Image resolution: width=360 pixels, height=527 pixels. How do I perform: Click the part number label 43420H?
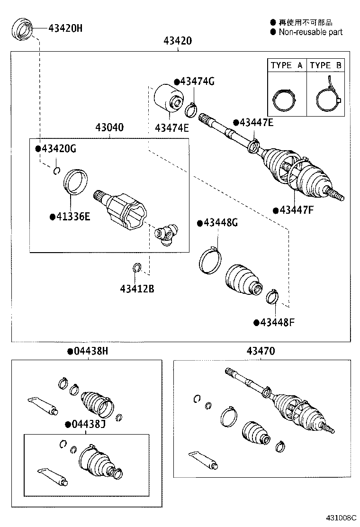tap(65, 28)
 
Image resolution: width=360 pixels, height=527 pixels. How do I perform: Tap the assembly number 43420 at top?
tap(178, 41)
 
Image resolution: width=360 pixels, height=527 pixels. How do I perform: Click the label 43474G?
tap(194, 82)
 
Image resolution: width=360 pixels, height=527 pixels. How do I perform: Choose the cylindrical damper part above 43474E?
tap(169, 98)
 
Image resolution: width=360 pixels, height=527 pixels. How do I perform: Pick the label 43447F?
tap(294, 210)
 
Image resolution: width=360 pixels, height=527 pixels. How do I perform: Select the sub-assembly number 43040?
tap(109, 127)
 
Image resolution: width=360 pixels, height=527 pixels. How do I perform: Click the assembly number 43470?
tap(260, 351)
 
